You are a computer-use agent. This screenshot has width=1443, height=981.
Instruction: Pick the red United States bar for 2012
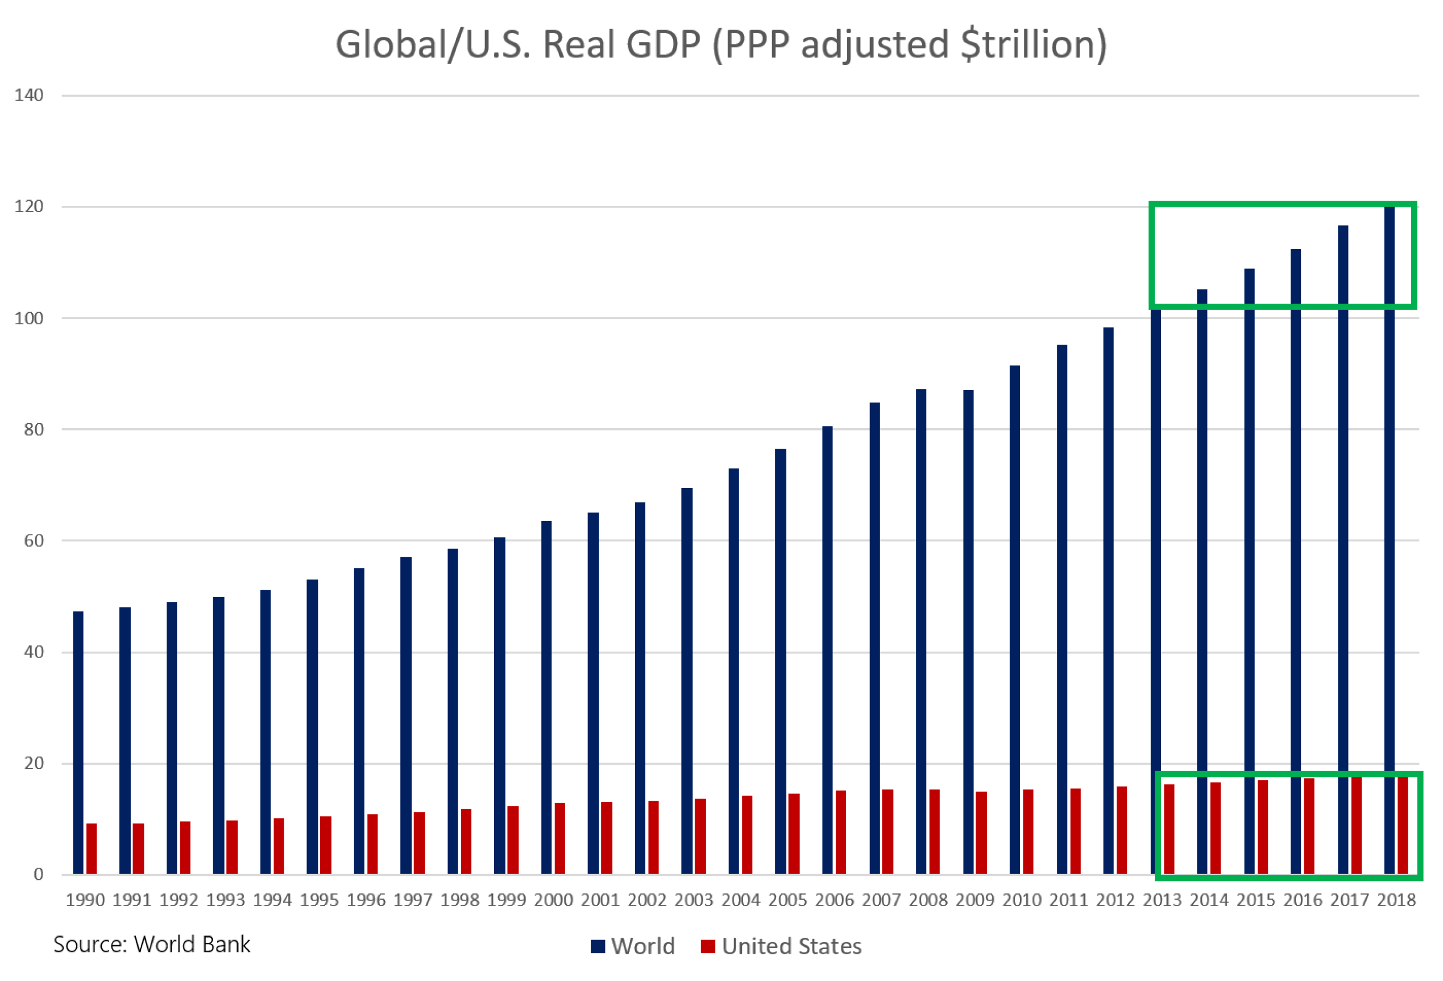(1122, 830)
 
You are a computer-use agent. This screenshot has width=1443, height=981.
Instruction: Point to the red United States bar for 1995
(325, 845)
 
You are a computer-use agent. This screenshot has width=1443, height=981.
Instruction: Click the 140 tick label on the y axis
(29, 95)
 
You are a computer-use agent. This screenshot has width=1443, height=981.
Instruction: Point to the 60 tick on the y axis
(34, 541)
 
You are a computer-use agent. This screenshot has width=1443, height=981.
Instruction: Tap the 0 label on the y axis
(39, 874)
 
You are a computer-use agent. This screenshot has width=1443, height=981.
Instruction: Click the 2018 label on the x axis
(1396, 900)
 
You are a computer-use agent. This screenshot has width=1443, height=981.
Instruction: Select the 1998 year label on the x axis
(459, 900)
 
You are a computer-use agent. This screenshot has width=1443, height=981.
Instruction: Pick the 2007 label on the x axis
(881, 900)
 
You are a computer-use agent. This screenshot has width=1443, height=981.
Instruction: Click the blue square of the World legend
(598, 946)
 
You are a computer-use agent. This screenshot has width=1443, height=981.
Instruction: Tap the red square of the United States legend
(708, 946)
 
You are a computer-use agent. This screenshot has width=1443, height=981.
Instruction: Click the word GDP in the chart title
(662, 45)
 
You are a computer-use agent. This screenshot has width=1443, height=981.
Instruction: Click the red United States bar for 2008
(935, 832)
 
